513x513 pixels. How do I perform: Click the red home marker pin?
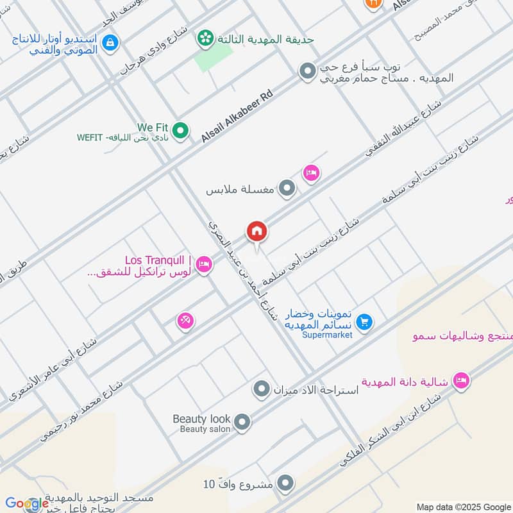pos(256,231)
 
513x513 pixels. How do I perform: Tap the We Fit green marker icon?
pos(181,131)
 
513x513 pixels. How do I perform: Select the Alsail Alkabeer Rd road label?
pos(237,116)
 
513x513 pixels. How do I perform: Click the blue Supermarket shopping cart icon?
pos(364,322)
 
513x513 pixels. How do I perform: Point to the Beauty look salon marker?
pos(242,422)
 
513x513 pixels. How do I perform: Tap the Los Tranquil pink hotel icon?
pos(204,264)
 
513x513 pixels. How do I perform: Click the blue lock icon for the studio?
pos(110,42)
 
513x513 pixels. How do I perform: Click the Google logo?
pos(27,503)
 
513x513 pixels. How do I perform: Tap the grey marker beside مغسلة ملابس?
pos(288,189)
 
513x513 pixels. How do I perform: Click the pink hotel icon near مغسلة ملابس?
pos(312,173)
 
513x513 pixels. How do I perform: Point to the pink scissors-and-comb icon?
pos(185,321)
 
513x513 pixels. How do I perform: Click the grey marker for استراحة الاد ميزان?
pos(261,389)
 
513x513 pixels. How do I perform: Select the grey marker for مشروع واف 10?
pos(286,484)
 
